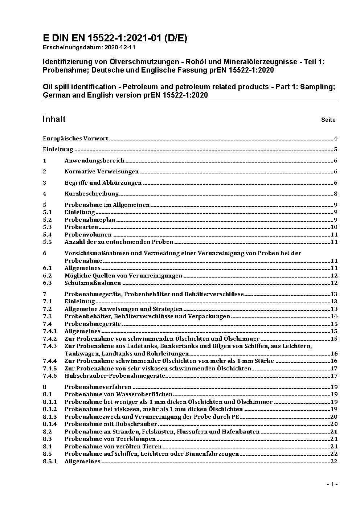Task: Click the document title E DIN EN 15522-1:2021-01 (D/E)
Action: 115,38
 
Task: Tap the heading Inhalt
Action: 54,119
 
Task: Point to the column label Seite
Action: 328,120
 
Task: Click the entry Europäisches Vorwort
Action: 75,138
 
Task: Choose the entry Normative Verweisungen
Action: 102,172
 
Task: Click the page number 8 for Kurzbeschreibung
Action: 336,194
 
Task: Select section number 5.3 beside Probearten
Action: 47,227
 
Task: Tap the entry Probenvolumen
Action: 88,235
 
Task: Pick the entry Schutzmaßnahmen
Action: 93,283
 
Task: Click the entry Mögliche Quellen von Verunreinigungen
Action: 123,276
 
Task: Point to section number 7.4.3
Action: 50,346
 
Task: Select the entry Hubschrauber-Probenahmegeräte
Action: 115,376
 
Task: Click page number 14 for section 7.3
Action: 334,316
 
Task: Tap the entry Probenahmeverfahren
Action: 98,387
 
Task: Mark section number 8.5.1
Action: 50,461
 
